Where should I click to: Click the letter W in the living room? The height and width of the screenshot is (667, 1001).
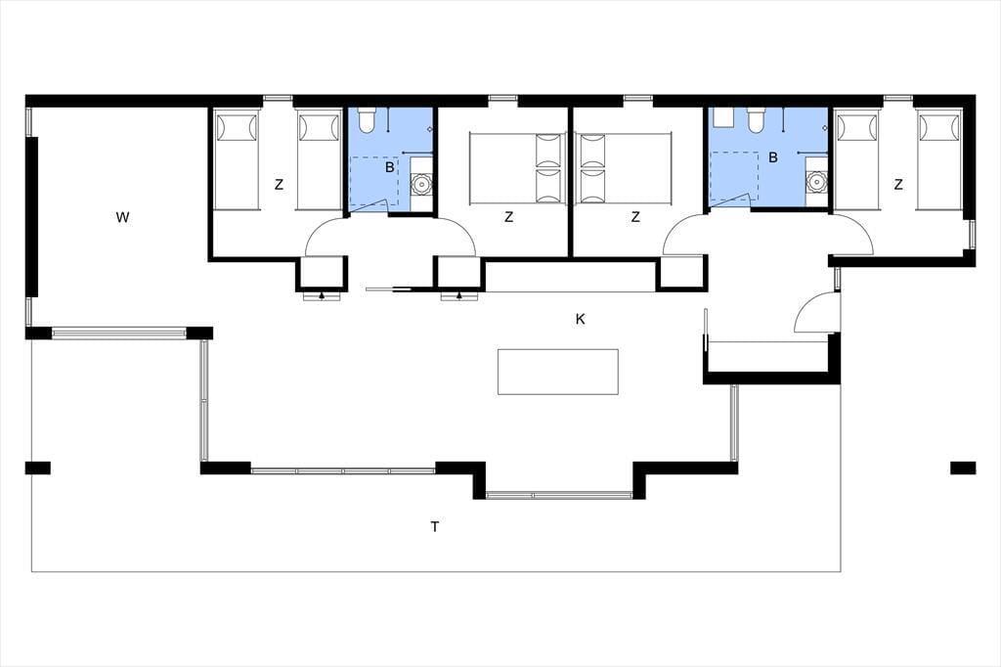pyautogui.click(x=122, y=217)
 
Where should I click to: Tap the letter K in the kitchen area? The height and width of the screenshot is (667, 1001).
pyautogui.click(x=581, y=319)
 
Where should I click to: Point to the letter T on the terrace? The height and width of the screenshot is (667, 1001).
pyautogui.click(x=435, y=526)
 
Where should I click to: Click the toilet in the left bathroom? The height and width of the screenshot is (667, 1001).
pyautogui.click(x=367, y=120)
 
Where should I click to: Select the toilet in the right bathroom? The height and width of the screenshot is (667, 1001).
pyautogui.click(x=756, y=120)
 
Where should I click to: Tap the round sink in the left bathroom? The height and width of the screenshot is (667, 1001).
pyautogui.click(x=420, y=184)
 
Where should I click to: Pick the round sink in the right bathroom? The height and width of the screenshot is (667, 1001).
pyautogui.click(x=816, y=183)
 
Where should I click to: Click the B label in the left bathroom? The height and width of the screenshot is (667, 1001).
pyautogui.click(x=389, y=168)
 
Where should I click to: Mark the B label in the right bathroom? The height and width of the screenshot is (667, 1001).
pyautogui.click(x=773, y=157)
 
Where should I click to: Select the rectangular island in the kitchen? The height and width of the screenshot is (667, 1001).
pyautogui.click(x=558, y=372)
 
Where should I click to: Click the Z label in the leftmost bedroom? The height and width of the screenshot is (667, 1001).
pyautogui.click(x=279, y=185)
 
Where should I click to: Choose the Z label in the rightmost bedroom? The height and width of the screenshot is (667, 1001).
pyautogui.click(x=898, y=185)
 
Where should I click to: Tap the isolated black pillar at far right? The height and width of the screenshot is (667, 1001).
pyautogui.click(x=963, y=467)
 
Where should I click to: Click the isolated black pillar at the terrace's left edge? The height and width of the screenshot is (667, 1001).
pyautogui.click(x=38, y=467)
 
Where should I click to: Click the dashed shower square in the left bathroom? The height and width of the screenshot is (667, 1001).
pyautogui.click(x=374, y=181)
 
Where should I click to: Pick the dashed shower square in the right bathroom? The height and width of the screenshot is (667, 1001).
pyautogui.click(x=734, y=176)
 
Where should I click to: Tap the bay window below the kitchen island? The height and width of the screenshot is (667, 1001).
pyautogui.click(x=559, y=495)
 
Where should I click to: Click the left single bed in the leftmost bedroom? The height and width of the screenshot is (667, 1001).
pyautogui.click(x=237, y=160)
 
